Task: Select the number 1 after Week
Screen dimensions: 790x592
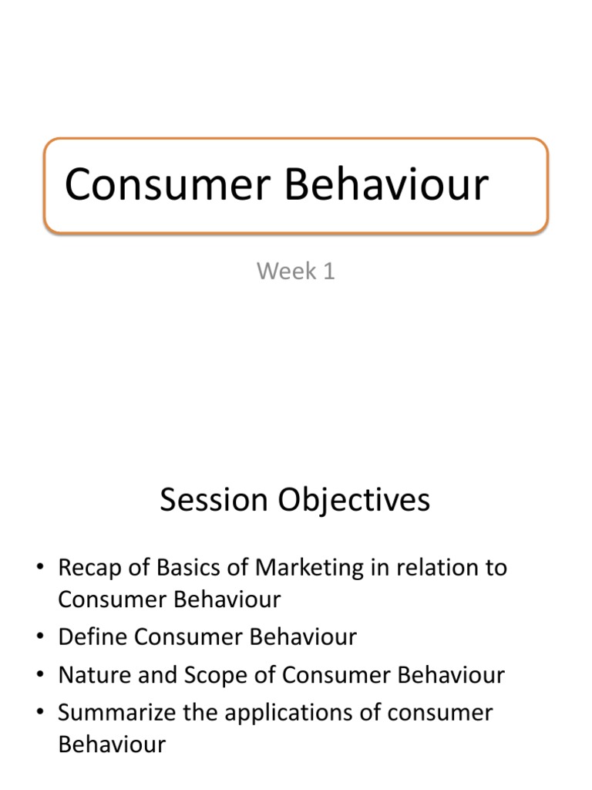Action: click(x=328, y=272)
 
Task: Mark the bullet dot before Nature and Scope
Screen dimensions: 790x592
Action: click(x=40, y=677)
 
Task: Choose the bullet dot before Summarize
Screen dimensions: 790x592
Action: click(x=40, y=714)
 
